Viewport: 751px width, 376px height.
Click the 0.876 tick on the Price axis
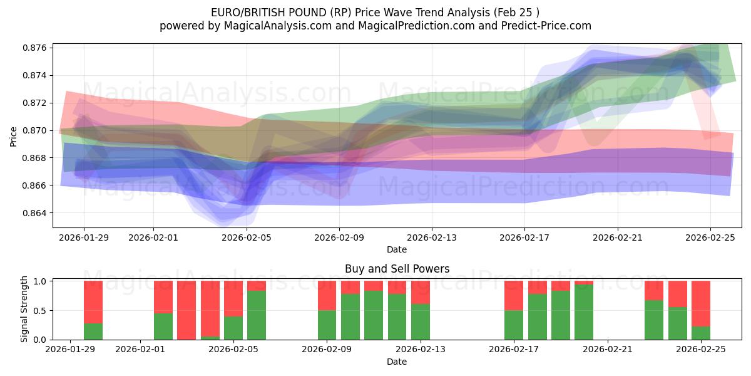pos(36,48)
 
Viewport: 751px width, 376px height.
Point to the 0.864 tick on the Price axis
pos(36,213)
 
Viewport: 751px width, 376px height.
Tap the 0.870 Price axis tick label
pos(36,130)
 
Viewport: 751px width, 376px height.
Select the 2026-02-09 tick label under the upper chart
pos(339,238)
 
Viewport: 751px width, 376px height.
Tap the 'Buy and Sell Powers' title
pos(397,269)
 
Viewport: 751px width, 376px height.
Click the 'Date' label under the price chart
pos(397,249)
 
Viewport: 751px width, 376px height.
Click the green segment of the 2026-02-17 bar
pos(514,325)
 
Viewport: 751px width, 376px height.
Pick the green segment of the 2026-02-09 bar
pos(327,325)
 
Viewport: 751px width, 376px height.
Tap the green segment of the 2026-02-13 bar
pos(421,321)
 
